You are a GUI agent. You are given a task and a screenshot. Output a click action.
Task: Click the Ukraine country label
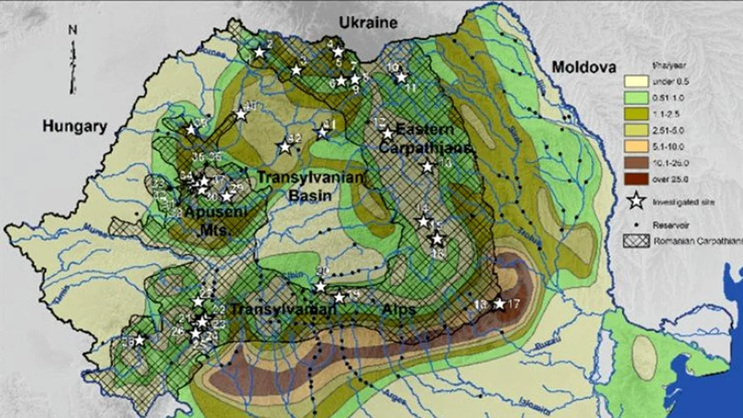[368, 23]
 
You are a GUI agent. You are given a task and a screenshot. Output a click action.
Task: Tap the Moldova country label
[583, 67]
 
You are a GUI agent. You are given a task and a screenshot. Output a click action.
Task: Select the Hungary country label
[74, 127]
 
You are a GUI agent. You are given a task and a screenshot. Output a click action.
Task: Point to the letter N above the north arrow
[73, 30]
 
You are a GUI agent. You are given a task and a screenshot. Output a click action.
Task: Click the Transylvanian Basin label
[311, 186]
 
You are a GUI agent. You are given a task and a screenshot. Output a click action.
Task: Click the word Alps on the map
[399, 309]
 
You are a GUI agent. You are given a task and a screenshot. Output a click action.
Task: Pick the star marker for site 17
[499, 304]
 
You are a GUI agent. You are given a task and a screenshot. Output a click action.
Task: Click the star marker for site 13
[428, 167]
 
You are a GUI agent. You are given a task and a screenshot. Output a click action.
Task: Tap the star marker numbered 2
[259, 52]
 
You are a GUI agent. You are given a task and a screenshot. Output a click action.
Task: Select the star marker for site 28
[139, 340]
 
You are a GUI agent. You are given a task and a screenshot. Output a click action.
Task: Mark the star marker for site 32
[284, 147]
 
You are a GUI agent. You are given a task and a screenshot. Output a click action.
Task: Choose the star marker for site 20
[320, 286]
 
